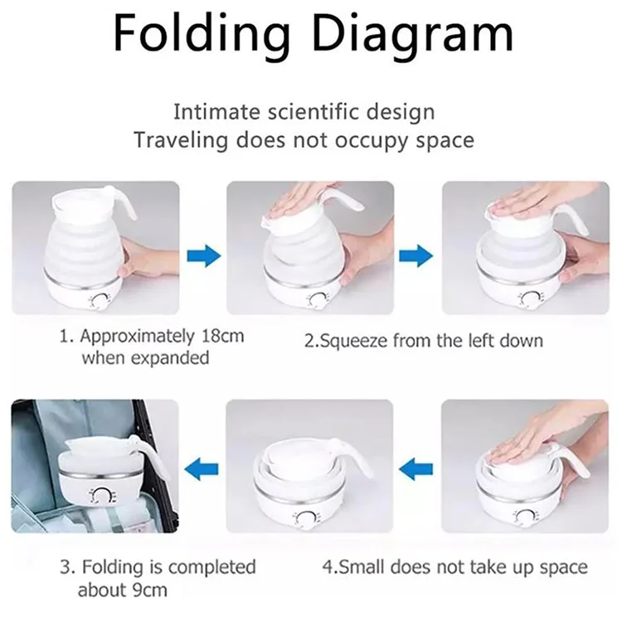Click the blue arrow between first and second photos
(x=203, y=255)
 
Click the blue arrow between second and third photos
(x=416, y=255)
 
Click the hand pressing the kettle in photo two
(x=299, y=198)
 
